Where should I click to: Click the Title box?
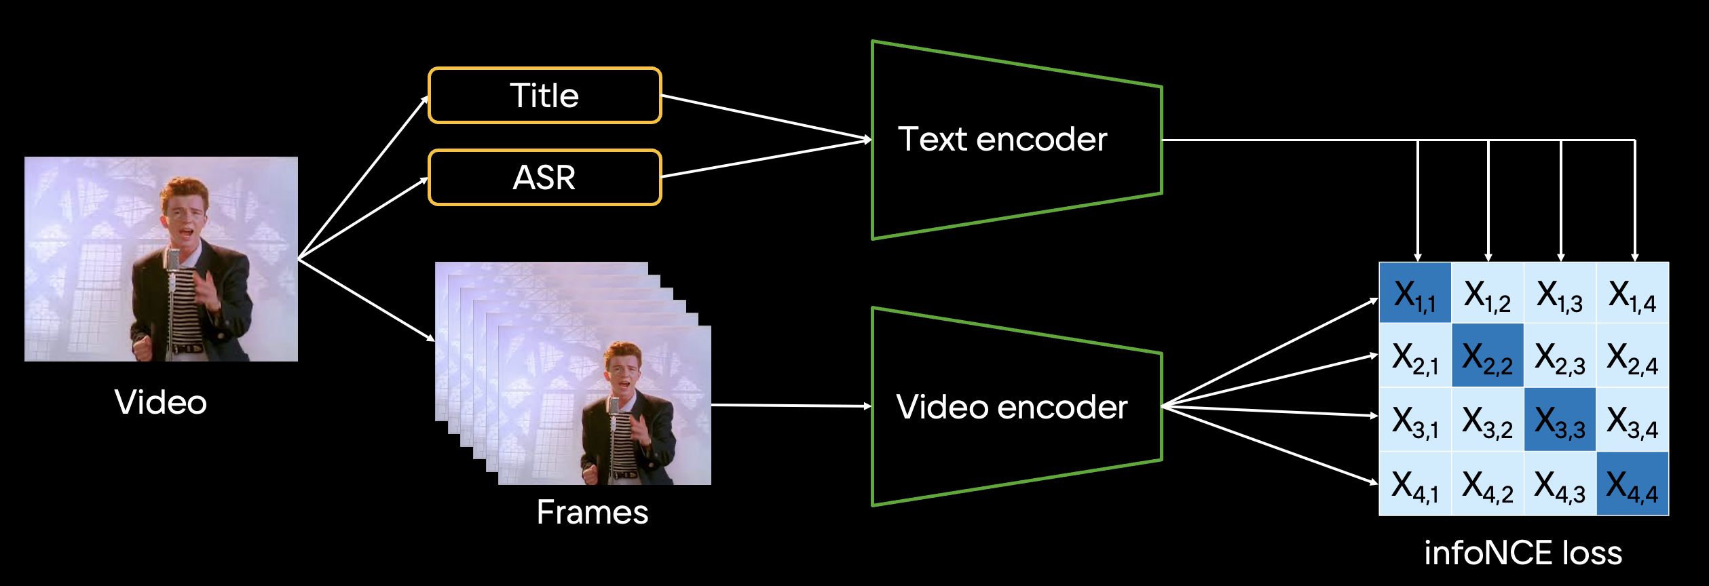(544, 96)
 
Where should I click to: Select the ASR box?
(544, 178)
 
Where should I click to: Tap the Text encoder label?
(1002, 140)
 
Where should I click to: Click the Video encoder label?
(1011, 407)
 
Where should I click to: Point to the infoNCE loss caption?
(1523, 553)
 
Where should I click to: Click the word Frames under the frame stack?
(592, 512)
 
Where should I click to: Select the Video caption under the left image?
(161, 402)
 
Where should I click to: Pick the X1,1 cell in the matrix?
(1415, 294)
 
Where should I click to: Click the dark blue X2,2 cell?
(1488, 356)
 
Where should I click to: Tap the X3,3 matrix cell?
(1560, 420)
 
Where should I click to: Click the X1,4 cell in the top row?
(1632, 294)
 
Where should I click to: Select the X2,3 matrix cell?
(1560, 356)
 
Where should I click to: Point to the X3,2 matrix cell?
(1488, 420)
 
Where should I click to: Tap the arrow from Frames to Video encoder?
(791, 406)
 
